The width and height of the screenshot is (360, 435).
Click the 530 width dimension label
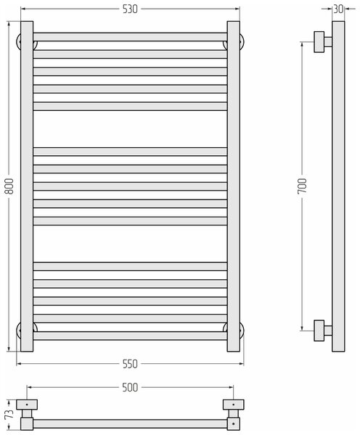(x=130, y=9)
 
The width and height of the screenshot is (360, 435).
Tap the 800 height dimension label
(x=9, y=186)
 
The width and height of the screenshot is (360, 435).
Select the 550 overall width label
(x=130, y=364)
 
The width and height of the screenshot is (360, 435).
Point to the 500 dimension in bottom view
(x=130, y=387)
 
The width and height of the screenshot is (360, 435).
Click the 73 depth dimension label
(x=9, y=414)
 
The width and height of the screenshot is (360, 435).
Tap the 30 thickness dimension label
(x=338, y=9)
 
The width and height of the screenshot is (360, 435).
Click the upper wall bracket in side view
(x=322, y=42)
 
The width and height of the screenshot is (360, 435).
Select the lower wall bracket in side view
(x=322, y=331)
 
